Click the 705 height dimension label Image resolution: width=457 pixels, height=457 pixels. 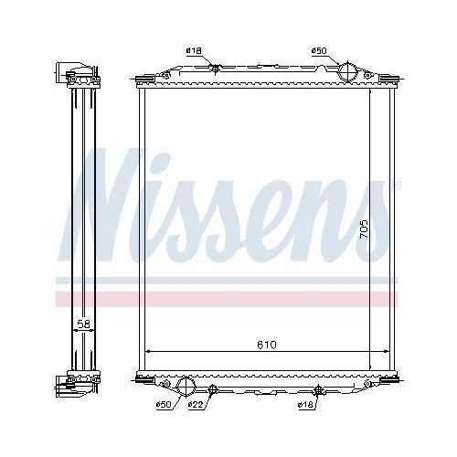(x=365, y=228)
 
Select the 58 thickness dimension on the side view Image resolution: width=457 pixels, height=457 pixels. (x=82, y=324)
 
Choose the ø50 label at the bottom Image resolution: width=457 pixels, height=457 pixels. (x=164, y=404)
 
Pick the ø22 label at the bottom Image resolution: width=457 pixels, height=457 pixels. (x=195, y=404)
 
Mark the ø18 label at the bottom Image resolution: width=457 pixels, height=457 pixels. (x=306, y=404)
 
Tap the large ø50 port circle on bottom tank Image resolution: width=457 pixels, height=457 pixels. (x=186, y=387)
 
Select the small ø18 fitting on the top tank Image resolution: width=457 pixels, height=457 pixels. (x=214, y=69)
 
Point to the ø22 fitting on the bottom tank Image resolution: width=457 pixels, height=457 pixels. (x=211, y=389)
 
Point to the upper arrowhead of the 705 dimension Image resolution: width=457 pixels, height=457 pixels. (x=370, y=93)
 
